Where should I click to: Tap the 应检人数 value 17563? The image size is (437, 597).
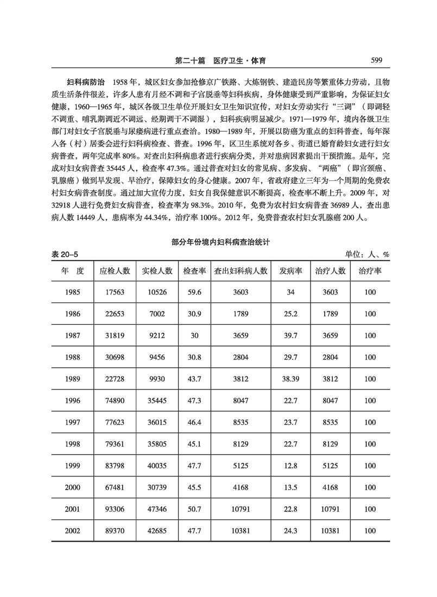[115, 292]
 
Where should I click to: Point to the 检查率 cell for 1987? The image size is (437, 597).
[192, 335]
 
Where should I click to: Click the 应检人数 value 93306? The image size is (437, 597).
[115, 506]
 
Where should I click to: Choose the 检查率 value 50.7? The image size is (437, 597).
[192, 506]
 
